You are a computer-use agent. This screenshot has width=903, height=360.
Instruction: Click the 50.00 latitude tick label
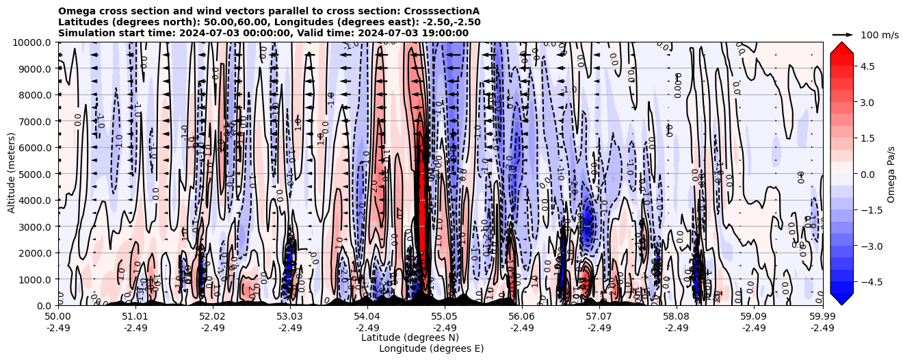coord(58,317)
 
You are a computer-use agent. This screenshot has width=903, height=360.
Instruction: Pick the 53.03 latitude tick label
coord(290,317)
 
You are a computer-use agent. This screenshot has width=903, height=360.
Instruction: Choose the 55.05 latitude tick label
coord(445,317)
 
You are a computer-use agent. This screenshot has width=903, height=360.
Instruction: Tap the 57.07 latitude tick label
coord(599,317)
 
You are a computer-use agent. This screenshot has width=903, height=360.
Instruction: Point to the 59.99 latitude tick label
coord(822,317)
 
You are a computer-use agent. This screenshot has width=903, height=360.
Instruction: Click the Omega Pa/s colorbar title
coord(891,174)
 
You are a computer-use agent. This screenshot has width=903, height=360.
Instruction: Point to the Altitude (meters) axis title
coord(12,174)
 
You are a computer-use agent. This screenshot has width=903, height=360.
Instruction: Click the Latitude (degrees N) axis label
coord(410,337)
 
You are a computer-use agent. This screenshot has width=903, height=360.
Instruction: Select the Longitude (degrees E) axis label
coord(431,348)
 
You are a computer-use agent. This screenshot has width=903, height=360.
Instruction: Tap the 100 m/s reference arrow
coord(843,34)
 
